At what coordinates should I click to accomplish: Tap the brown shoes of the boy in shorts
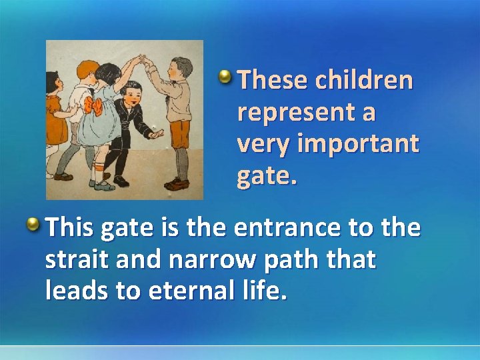(x=177, y=183)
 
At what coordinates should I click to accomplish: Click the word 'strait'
(x=76, y=260)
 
